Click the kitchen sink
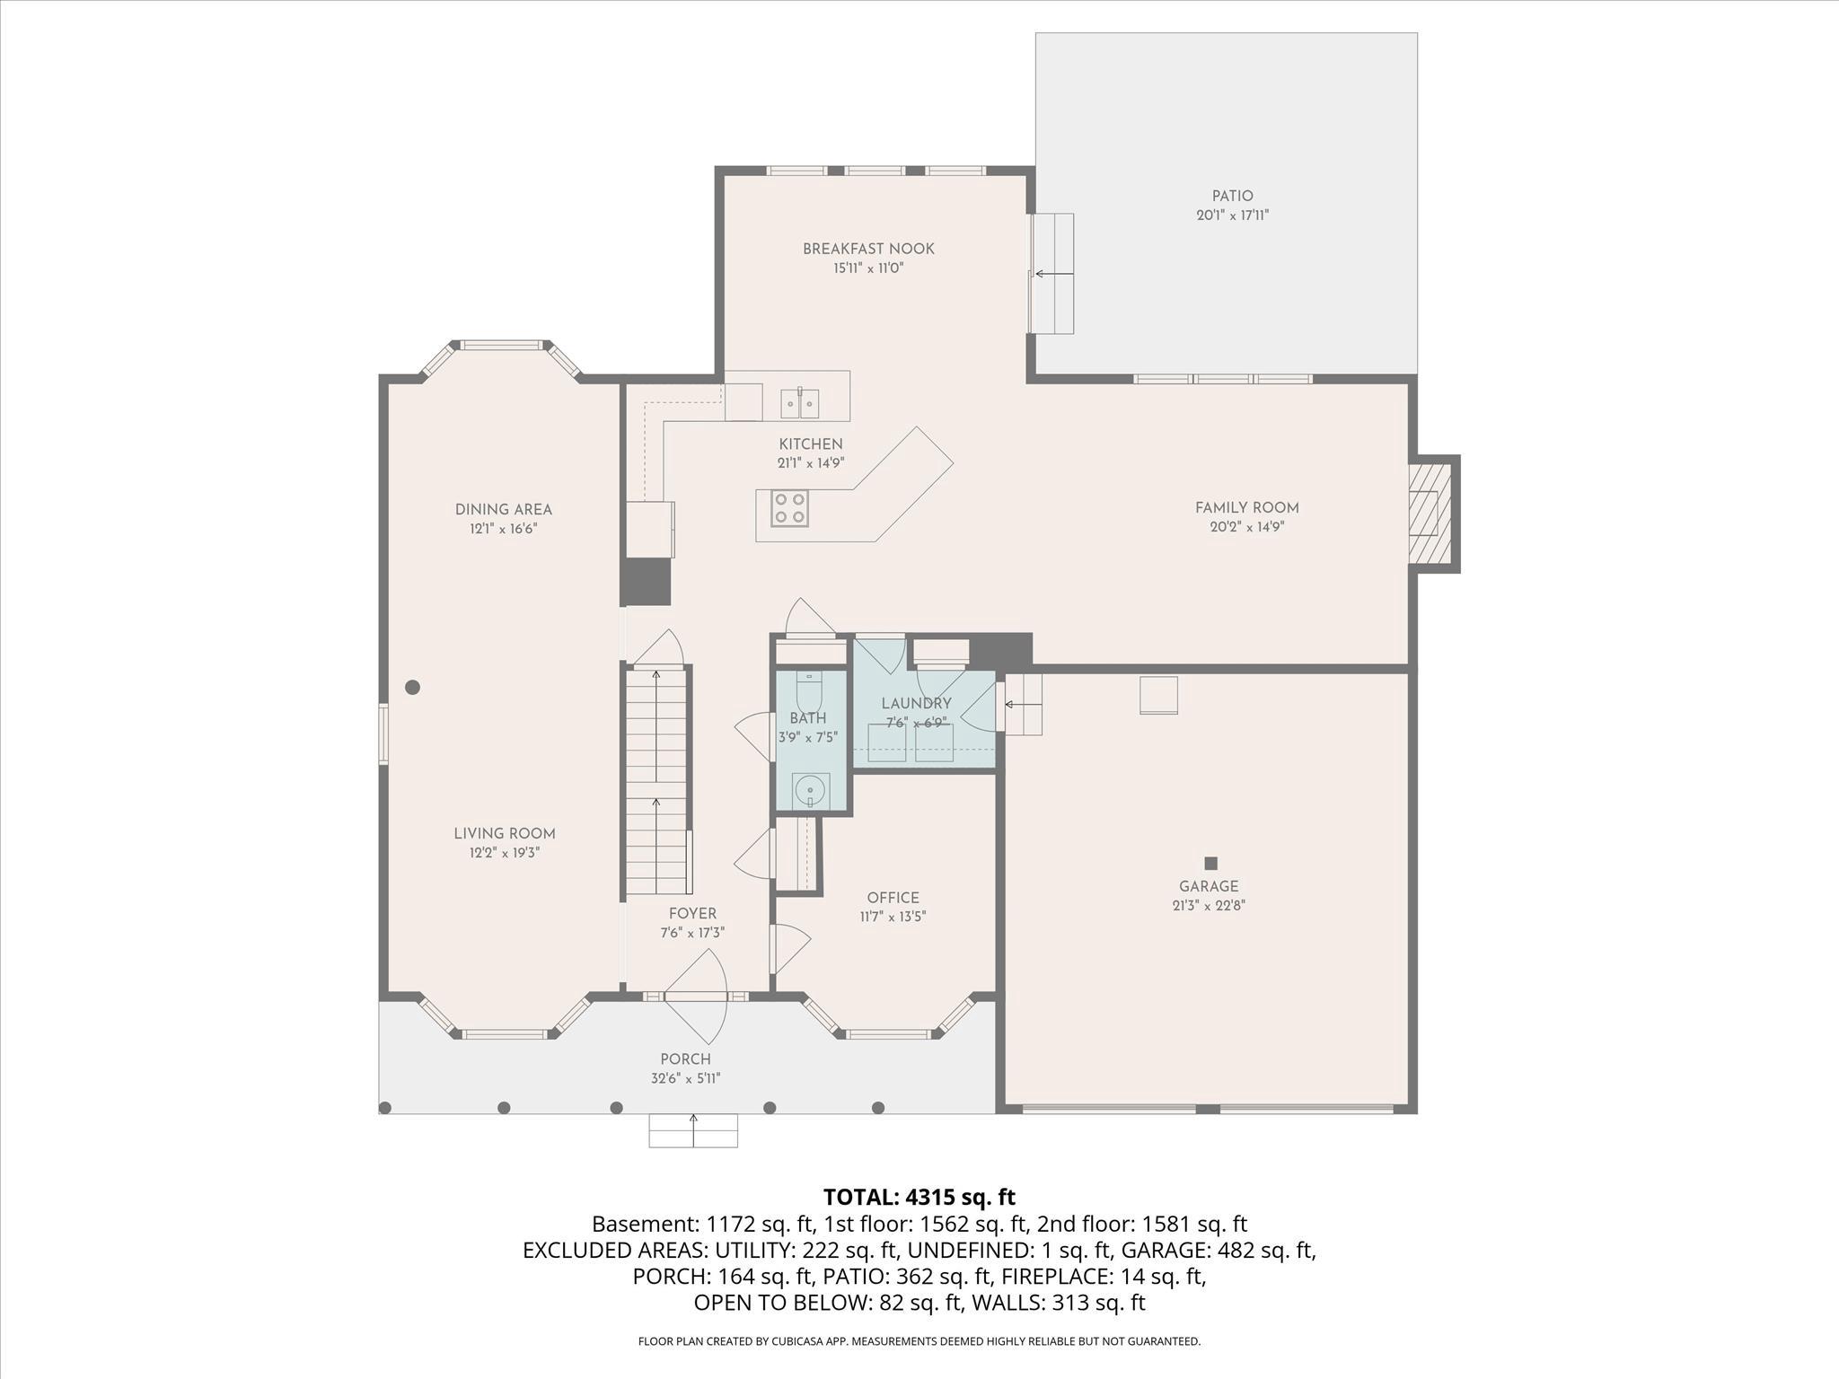(799, 403)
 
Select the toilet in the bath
(809, 691)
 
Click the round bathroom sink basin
(811, 790)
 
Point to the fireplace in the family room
(1431, 514)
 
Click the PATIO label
(1232, 196)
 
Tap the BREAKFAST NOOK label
(868, 249)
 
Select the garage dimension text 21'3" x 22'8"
(1209, 906)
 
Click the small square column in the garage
(1210, 863)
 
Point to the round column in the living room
(412, 688)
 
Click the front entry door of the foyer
(696, 996)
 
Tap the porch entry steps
(693, 1130)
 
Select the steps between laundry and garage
(1023, 705)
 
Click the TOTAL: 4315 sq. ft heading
(919, 1197)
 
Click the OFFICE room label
(893, 898)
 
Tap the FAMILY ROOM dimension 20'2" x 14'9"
(1246, 527)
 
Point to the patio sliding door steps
(1053, 274)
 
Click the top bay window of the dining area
(502, 345)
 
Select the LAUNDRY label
(916, 704)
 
